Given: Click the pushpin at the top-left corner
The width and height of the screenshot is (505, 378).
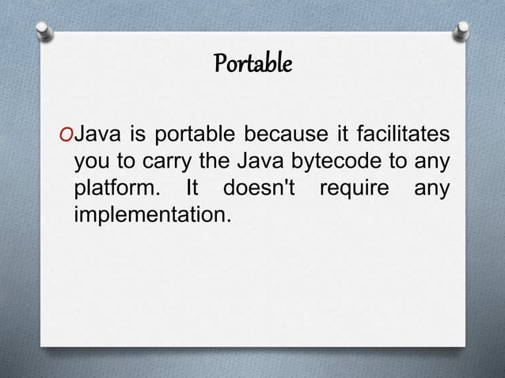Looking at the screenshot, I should pos(44,29).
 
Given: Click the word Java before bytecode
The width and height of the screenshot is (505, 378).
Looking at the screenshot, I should pos(262,162).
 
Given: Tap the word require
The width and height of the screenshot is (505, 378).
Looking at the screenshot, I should pos(355,191).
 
